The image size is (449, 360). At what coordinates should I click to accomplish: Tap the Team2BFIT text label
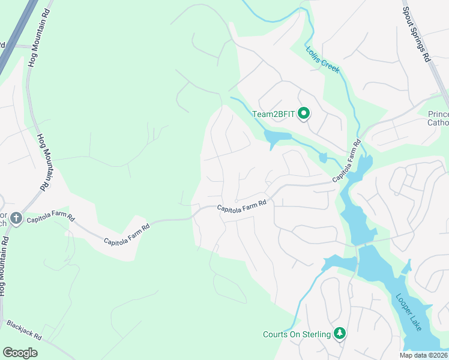274,114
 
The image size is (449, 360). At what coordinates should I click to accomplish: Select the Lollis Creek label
323,59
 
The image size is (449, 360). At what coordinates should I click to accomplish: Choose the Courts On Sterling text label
297,334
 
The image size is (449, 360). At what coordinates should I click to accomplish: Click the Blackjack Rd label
24,331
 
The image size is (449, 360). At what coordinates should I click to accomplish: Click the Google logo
20,352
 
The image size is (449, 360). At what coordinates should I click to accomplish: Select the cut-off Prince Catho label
438,119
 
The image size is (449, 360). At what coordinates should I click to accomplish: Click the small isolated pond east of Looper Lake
408,265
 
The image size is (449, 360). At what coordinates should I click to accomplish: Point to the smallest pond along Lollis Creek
323,158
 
